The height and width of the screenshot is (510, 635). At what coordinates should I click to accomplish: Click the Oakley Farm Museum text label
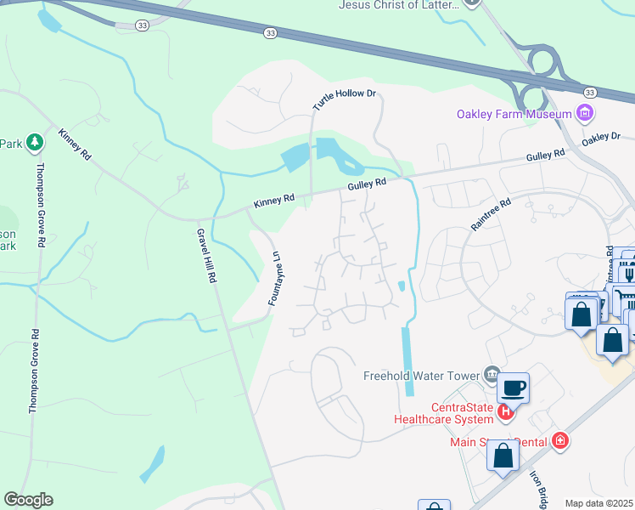pos(514,115)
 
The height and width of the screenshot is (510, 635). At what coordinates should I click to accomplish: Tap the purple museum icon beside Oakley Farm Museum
pos(584,113)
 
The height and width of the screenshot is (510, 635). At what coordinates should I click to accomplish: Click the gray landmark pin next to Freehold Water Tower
pos(491,373)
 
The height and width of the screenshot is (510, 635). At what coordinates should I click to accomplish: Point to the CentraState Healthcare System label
pos(443,412)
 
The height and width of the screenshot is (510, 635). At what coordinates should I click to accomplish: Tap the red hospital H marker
pos(506,412)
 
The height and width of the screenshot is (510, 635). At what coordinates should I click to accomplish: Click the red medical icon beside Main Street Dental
pos(559,439)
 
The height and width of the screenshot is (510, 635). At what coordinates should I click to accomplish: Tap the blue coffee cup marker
pos(513,388)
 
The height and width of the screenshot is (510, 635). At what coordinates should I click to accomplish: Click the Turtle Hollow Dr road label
pos(343,100)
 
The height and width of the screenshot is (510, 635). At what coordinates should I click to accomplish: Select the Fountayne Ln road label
pos(273,278)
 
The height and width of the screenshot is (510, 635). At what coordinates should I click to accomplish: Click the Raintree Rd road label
pos(492,215)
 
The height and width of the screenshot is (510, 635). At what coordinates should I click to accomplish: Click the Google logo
pos(28,500)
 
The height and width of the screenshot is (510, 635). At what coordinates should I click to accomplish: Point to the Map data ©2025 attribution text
pos(598,503)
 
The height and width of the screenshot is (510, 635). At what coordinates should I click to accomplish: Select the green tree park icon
pos(35,144)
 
